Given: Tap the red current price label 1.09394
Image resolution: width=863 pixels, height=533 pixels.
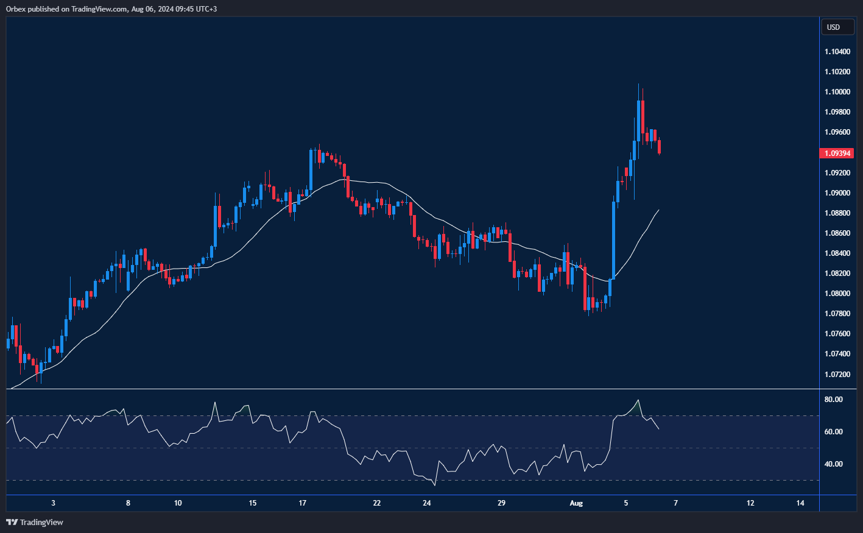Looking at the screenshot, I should pos(838,154).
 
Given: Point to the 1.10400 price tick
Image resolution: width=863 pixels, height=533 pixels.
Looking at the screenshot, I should pos(837,52).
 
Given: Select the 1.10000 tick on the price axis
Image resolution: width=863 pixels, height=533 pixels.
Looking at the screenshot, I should pos(837,92).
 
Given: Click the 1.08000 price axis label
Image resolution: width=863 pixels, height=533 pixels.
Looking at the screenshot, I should pos(837,294).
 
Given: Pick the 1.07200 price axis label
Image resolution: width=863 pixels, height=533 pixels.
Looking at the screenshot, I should pos(837,374).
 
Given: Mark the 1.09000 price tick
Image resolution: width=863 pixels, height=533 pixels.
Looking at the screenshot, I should pos(837,193).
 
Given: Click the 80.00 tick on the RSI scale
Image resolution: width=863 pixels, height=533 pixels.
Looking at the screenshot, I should pos(833,400).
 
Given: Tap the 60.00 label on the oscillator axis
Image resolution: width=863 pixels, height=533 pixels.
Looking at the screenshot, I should pos(833,432).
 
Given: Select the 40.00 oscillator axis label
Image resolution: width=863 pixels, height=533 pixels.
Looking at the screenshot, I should pos(833,464).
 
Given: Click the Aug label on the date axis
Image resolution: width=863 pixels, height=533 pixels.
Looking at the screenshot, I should pos(576,503).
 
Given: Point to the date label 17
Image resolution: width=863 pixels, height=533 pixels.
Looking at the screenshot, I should pos(303,503).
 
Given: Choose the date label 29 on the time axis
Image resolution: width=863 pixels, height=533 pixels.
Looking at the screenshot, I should pos(501,503).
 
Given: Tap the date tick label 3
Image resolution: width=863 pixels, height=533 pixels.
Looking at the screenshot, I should pos(54,503).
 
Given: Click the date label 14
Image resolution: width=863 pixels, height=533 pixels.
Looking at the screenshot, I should pos(800,503).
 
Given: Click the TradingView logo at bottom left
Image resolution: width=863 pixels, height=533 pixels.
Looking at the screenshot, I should pos(35,522).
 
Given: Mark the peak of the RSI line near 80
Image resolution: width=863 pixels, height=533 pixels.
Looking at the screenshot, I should pos(638,400).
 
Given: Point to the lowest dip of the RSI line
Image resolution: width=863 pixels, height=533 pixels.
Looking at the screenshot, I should pos(435,485).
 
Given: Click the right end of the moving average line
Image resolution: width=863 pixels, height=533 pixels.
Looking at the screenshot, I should pos(659,210).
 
